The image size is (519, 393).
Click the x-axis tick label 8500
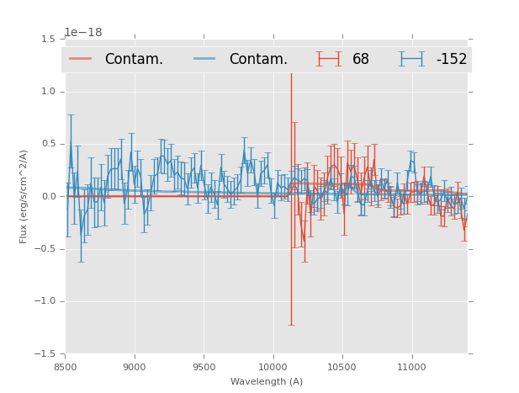pyautogui.click(x=66, y=367)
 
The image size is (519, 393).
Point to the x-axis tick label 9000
pyautogui.click(x=135, y=367)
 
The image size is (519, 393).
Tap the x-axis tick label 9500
pyautogui.click(x=204, y=367)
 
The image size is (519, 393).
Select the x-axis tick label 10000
pyautogui.click(x=273, y=367)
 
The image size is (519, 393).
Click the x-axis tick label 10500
pyautogui.click(x=342, y=367)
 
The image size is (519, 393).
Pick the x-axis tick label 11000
pyautogui.click(x=411, y=367)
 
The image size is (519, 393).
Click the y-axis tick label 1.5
pyautogui.click(x=48, y=40)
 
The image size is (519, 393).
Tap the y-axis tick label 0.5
pyautogui.click(x=48, y=145)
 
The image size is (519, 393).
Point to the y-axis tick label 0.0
pyautogui.click(x=48, y=197)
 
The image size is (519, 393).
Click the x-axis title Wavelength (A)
pyautogui.click(x=267, y=381)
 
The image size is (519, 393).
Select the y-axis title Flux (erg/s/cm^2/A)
pyautogui.click(x=24, y=196)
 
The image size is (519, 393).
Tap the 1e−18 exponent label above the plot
pyautogui.click(x=82, y=33)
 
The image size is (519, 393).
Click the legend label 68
pyautogui.click(x=361, y=60)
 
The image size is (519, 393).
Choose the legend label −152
pyautogui.click(x=451, y=60)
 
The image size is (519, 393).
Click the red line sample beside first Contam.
pyautogui.click(x=82, y=59)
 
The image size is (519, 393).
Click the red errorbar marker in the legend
pyautogui.click(x=329, y=59)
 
